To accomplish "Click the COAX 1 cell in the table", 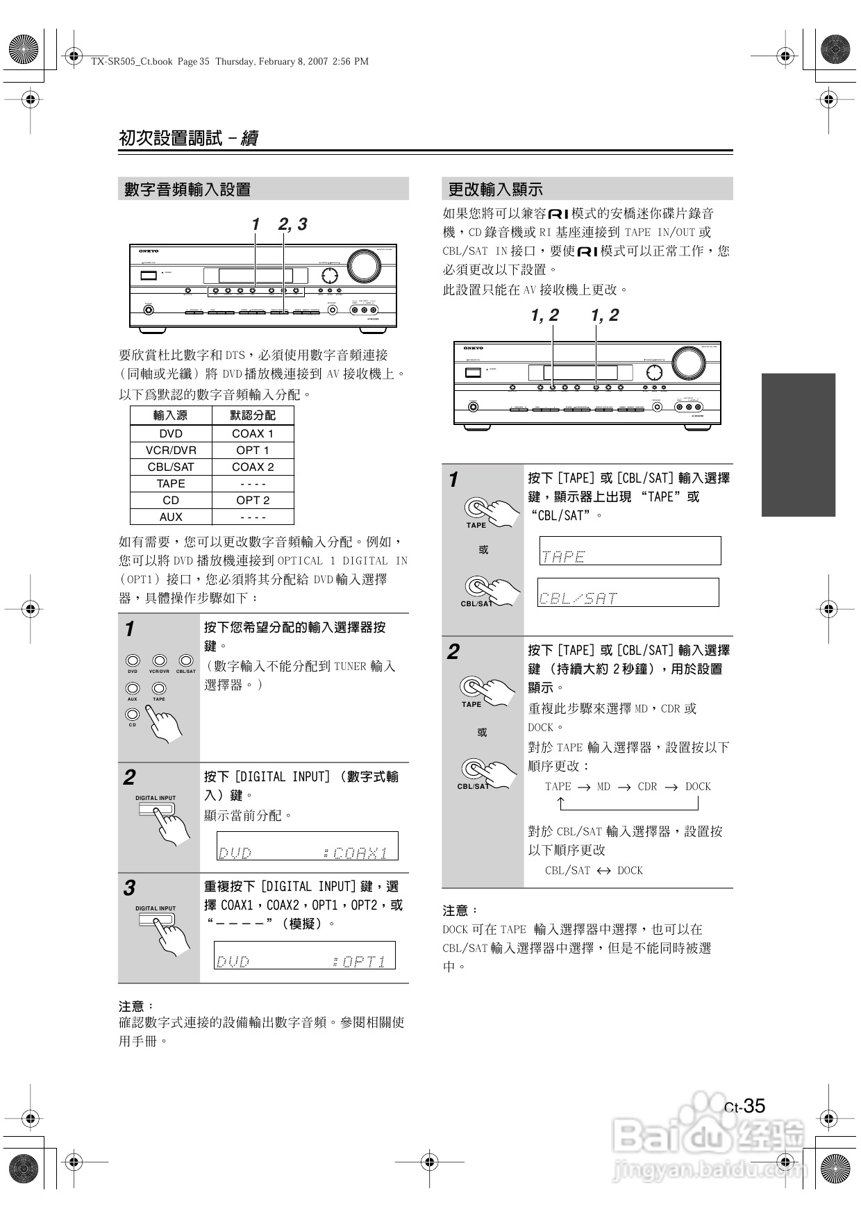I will tap(253, 433).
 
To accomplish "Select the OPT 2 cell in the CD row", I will tap(253, 500).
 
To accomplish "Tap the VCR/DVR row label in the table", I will tap(171, 450).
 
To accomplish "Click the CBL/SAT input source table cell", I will tap(171, 467).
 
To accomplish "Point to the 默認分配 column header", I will tap(253, 415).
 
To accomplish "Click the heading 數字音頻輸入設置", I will tap(187, 189).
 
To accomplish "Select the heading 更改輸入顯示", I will tap(495, 189).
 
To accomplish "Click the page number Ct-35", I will tap(744, 1106).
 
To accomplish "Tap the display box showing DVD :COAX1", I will tap(308, 846).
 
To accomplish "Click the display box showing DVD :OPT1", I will tap(305, 955).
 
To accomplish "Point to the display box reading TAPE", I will tap(630, 551).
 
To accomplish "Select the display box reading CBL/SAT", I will tap(628, 592).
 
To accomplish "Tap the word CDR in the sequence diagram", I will tap(647, 787).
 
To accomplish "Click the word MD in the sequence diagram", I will tap(603, 787).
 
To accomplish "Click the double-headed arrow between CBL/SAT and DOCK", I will tap(603, 871).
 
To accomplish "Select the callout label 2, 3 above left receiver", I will tap(292, 224).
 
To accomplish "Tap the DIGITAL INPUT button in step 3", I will tap(156, 920).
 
